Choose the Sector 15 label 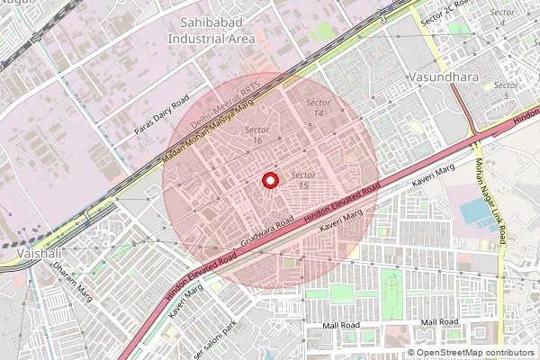point(303,179)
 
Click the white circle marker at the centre point(269,180)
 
